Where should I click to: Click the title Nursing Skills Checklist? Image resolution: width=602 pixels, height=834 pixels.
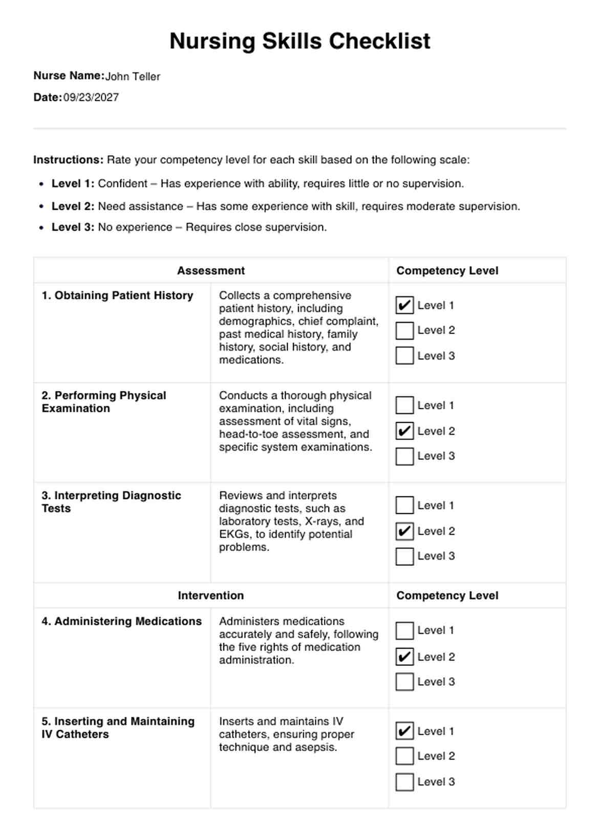pos(300,41)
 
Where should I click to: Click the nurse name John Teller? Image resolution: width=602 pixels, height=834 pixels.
pos(133,77)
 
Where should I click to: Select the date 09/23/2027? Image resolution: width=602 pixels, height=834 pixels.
pos(91,98)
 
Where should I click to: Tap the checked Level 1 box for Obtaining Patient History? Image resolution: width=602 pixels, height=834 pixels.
pos(404,305)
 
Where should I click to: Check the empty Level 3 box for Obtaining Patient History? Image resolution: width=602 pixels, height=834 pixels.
pos(404,356)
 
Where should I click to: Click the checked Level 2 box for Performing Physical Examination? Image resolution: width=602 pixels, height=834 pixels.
pos(404,431)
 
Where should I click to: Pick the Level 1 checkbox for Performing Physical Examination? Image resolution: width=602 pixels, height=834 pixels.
pos(404,405)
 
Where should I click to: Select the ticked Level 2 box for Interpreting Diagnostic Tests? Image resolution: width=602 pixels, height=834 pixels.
pos(404,531)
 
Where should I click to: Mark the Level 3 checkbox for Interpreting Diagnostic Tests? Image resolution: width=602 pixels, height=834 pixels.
pos(404,556)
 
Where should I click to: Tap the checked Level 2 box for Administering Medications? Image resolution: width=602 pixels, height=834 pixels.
pos(404,656)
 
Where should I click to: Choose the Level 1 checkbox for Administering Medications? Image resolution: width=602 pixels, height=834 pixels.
pos(404,631)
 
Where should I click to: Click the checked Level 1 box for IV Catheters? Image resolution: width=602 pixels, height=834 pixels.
pos(404,731)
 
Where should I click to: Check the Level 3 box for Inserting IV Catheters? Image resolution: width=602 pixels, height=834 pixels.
pos(404,782)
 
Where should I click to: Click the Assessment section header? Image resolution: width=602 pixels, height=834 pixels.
pos(211,271)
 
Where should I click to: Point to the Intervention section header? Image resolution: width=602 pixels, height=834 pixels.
pos(211,596)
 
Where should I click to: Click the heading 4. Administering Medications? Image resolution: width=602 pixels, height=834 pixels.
pos(122,621)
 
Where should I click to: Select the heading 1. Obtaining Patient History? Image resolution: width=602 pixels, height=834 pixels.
pos(118,296)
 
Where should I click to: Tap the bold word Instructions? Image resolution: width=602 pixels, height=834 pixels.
pos(69,160)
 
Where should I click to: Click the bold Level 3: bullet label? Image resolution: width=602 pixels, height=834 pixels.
pos(73,227)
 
